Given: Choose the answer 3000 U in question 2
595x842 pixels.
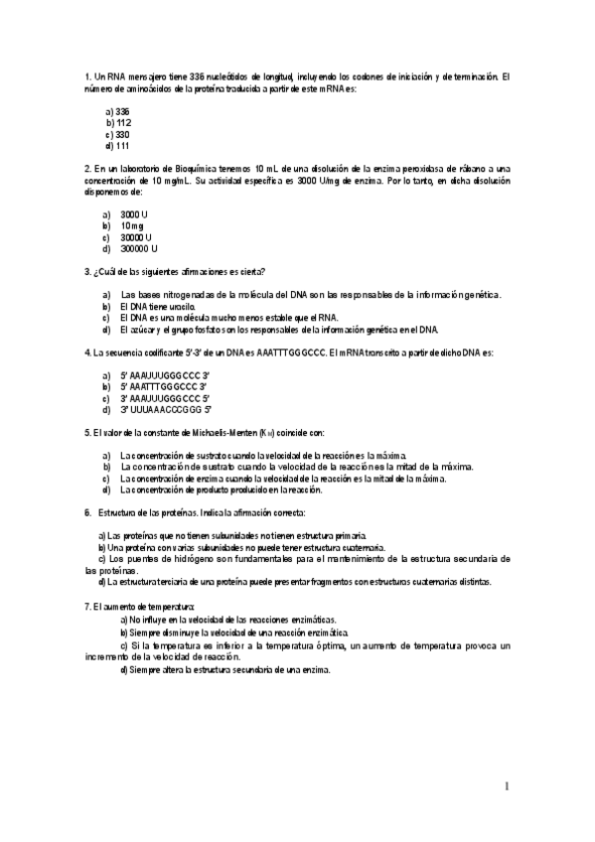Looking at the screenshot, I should pyautogui.click(x=133, y=214).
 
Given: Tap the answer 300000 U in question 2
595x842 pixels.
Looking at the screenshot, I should pyautogui.click(x=139, y=249).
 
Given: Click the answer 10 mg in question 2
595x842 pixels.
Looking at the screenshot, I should pyautogui.click(x=132, y=226).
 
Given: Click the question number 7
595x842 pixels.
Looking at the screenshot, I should pyautogui.click(x=88, y=606).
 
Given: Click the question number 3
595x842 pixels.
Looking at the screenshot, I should pyautogui.click(x=88, y=272).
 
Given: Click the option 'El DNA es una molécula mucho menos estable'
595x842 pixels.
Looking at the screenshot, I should pyautogui.click(x=228, y=318).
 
